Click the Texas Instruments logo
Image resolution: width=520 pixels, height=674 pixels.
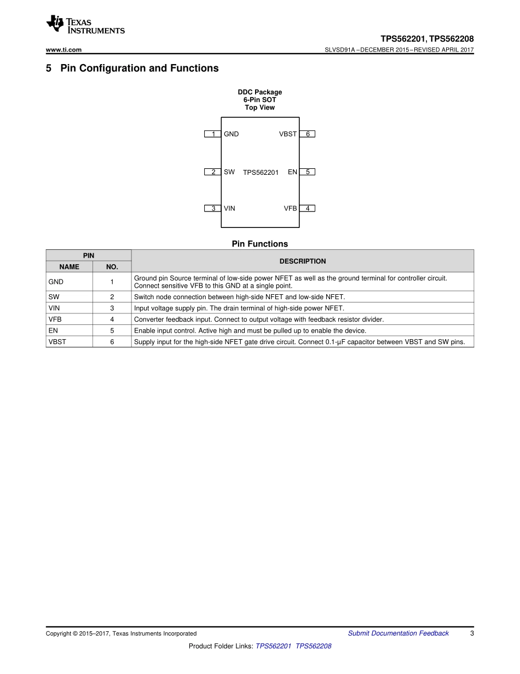(85, 24)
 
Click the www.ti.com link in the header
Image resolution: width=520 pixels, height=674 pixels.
(64, 50)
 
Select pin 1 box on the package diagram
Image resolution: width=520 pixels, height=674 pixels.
(213, 134)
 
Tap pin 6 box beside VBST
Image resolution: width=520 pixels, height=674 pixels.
(308, 134)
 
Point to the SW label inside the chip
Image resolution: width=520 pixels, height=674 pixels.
(229, 172)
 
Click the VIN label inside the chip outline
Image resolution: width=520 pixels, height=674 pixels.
(229, 208)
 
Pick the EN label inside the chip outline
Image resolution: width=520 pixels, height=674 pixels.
(292, 172)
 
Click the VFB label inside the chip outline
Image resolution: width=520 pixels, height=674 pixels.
(290, 208)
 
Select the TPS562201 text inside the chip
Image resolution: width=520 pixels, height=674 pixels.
(261, 172)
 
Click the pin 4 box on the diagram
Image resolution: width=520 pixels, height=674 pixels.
(308, 208)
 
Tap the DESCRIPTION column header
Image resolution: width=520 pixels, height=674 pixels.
(302, 261)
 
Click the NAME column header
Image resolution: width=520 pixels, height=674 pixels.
(69, 267)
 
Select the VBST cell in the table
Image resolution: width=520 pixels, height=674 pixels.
(57, 342)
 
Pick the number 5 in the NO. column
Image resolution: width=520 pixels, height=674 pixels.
(112, 330)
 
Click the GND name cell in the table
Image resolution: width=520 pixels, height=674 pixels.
(56, 282)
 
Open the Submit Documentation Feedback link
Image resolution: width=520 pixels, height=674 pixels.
(398, 633)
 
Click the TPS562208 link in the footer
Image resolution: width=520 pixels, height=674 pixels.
(313, 646)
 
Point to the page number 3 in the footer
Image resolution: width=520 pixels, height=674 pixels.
(472, 633)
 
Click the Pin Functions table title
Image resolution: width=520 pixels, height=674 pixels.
(259, 244)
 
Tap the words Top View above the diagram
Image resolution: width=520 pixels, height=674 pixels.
(259, 107)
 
